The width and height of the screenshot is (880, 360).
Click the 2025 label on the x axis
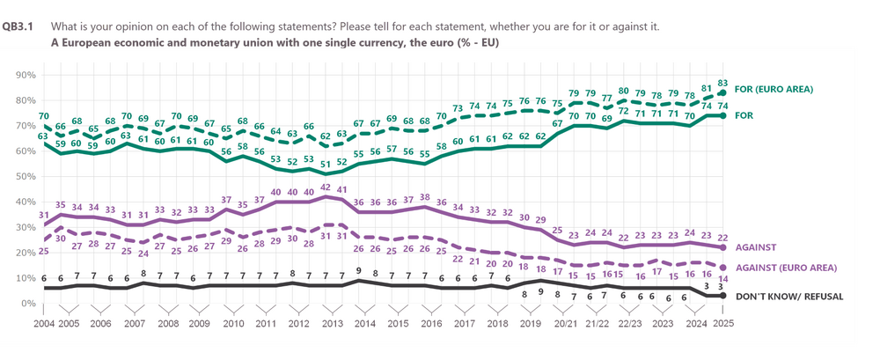722,325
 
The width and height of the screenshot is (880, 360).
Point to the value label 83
723,81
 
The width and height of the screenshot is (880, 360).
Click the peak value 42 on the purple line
326,187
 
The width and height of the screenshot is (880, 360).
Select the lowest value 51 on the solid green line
326,164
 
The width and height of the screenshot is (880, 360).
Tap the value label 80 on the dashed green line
623,91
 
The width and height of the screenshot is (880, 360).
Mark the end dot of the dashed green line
723,92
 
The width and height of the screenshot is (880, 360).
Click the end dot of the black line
723,296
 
